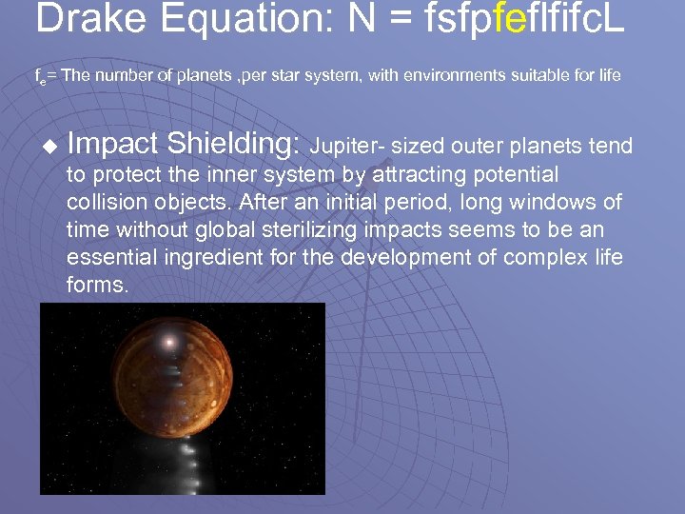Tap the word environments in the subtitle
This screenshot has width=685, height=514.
click(452, 76)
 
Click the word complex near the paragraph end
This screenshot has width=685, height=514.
click(549, 257)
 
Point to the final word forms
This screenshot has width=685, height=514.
click(97, 285)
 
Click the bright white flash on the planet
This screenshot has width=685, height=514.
click(169, 341)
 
